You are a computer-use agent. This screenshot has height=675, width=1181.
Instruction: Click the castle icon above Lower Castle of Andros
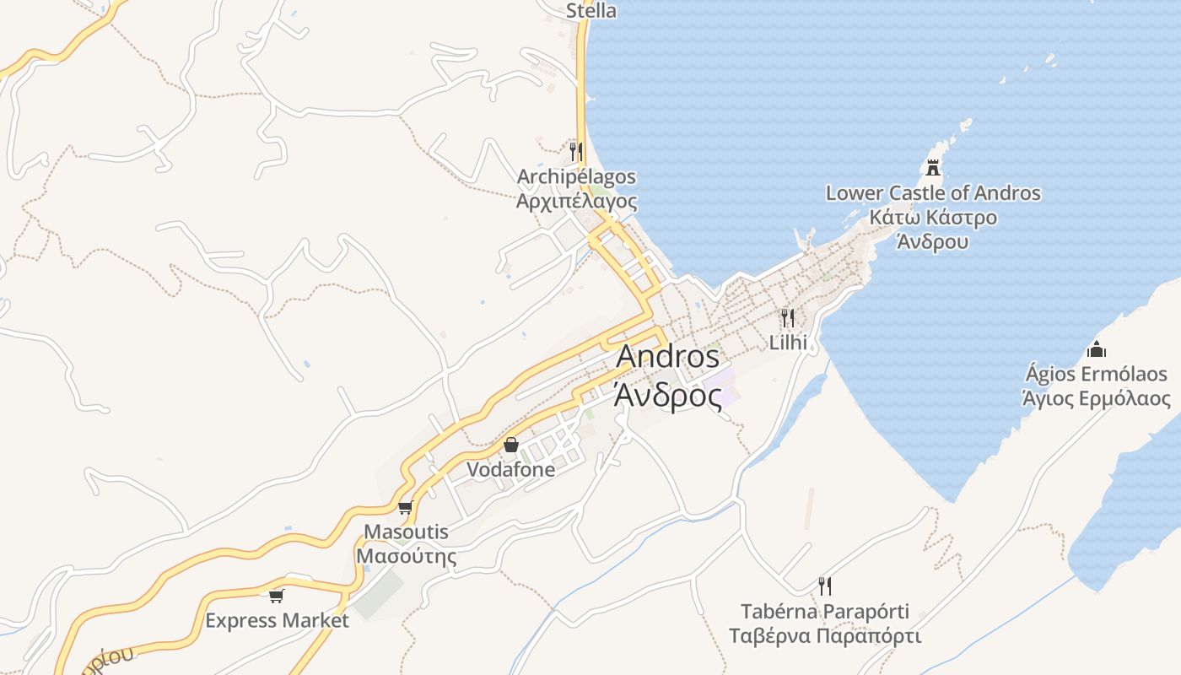coord(932,168)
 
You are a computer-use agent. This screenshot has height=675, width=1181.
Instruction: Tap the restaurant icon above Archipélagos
coord(576,152)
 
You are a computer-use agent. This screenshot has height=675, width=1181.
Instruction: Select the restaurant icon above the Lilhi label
coord(787,318)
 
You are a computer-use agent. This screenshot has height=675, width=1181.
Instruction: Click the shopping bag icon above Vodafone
coord(511,445)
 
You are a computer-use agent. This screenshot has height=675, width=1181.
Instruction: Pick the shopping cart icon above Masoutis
coord(405,507)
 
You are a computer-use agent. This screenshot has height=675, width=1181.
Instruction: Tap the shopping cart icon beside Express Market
coord(276,597)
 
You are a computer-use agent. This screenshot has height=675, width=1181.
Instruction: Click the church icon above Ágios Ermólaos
coord(1096,348)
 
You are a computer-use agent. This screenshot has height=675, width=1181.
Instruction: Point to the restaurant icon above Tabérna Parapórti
coord(825,586)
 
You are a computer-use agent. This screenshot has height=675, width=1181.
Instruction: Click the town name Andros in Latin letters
coord(667,356)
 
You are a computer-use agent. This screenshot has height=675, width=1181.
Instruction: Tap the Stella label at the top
coord(590,11)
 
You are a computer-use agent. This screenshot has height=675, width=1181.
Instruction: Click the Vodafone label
coord(511,469)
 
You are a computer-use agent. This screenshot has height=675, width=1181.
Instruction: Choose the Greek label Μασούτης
coord(406,556)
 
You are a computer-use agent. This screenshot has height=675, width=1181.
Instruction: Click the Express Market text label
coord(277,621)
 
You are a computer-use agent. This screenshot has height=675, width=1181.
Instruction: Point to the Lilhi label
coord(788,343)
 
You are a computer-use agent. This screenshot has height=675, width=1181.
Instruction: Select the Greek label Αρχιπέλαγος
coord(576,202)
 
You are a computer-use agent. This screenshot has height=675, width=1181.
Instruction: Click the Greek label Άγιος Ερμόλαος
coord(1096,398)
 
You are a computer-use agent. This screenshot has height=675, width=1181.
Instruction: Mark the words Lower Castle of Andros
coord(933,193)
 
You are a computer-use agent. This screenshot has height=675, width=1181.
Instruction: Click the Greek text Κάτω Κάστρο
coord(933,218)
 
